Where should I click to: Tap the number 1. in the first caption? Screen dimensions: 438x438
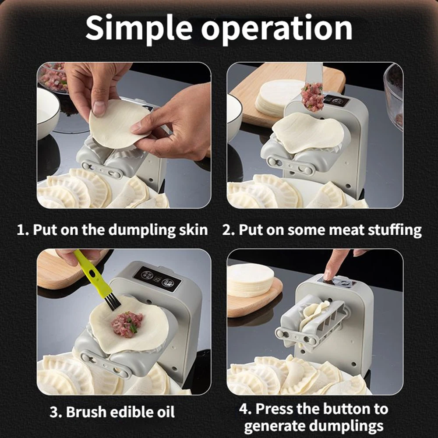tap(23, 230)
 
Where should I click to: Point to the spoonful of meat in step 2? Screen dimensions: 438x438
tap(312, 96)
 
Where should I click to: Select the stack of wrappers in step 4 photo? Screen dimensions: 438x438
tap(250, 280)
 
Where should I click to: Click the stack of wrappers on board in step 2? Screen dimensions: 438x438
tap(278, 99)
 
